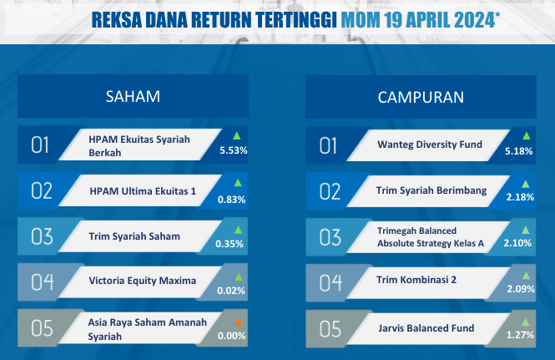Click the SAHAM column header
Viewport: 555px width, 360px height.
133,96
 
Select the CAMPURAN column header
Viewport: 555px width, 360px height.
421,98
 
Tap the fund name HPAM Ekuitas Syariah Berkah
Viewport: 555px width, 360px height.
139,146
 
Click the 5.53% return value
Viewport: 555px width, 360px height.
233,150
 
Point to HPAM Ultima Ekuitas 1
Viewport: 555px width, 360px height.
143,191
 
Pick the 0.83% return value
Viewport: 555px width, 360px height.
231,200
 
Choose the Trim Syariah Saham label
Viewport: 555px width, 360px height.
134,236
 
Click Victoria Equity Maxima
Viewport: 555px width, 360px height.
142,281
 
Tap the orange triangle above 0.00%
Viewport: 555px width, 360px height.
239,322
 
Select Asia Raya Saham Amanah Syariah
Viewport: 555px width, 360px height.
147,329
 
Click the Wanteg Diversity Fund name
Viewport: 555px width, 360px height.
430,145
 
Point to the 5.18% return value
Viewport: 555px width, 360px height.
518,151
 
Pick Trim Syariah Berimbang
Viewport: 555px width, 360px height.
431,190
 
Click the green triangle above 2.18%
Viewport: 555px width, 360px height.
526,185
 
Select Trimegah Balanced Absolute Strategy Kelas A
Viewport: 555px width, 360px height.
431,237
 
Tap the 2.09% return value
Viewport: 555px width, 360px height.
521,289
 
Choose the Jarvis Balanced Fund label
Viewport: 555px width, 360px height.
426,328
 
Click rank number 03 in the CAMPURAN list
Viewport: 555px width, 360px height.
330,237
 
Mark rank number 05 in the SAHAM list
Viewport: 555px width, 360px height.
42,328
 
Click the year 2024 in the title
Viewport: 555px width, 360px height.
474,20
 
